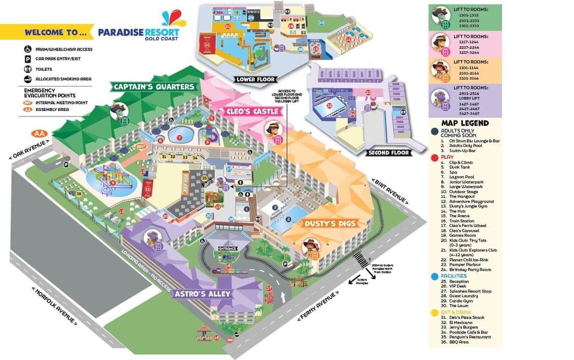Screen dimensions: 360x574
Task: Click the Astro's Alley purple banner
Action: point(202,293)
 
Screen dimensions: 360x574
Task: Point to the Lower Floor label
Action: point(255,79)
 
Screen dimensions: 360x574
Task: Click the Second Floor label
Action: point(388,153)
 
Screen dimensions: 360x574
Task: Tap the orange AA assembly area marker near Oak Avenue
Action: point(38,133)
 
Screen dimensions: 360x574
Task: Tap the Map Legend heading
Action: point(464,123)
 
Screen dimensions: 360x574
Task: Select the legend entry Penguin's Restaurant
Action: point(470,337)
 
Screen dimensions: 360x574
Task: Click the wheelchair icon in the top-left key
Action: point(28,49)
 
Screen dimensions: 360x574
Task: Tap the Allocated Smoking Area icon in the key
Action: point(28,79)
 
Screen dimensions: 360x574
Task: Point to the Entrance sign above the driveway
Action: point(228,249)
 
